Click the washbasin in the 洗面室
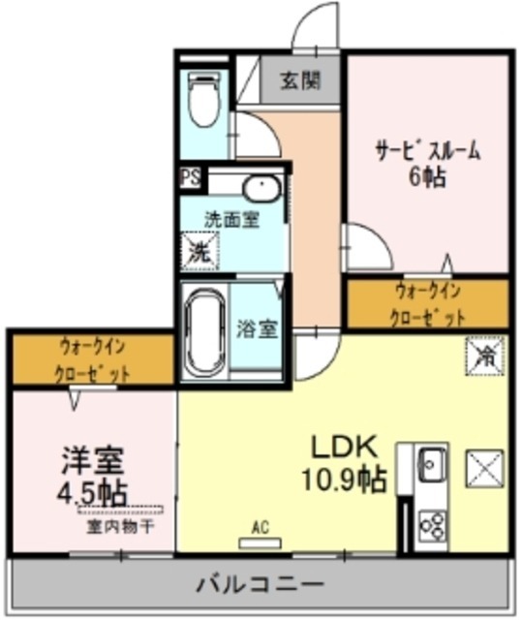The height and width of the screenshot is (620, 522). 259,187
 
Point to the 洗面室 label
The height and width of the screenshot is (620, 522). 230,219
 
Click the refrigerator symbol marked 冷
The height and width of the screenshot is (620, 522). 482,355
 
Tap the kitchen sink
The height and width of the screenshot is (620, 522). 431,467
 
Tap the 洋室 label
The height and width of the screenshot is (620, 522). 93,459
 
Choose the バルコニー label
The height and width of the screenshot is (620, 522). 260,584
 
